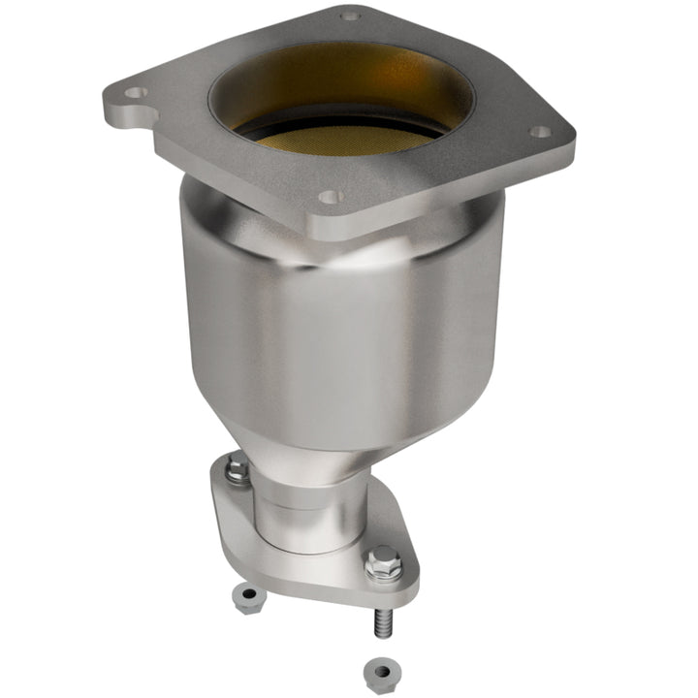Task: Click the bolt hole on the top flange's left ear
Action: coord(137,93)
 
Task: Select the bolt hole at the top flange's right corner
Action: coord(540,132)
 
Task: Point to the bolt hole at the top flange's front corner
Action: coord(331,196)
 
